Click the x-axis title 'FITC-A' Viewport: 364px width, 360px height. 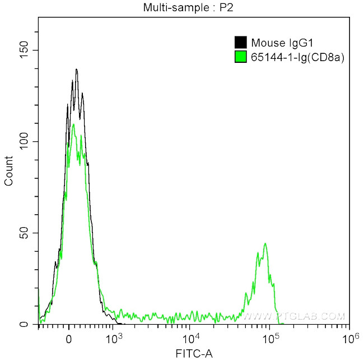coord(194,353)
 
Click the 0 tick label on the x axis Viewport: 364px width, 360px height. coord(68,339)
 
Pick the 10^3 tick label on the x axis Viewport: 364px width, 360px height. coord(114,338)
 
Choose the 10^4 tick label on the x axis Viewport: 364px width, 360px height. coord(192,338)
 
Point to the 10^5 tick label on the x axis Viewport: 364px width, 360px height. coord(271,338)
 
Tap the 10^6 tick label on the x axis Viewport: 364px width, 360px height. coord(350,338)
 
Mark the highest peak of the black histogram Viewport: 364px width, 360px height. coord(76,70)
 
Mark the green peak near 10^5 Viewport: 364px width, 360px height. coord(265,243)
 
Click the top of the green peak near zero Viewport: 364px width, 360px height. coord(73,124)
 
